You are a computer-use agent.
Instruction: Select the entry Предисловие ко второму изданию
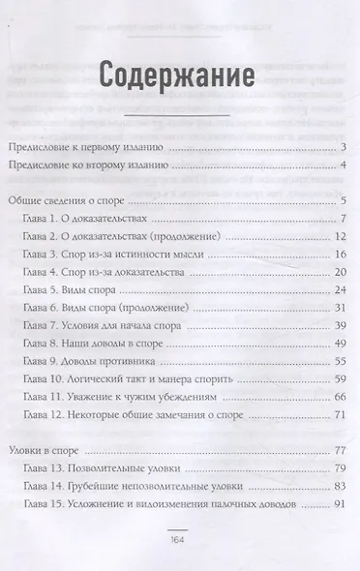88,166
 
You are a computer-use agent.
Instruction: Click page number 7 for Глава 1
343,219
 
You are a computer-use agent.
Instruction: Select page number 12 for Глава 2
340,236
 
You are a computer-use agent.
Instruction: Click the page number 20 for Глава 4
340,272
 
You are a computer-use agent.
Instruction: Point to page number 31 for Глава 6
340,308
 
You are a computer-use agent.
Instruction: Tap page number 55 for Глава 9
340,361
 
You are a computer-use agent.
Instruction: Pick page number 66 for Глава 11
340,397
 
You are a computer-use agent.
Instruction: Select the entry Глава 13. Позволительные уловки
99,468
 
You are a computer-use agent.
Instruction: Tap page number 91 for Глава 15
340,503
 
